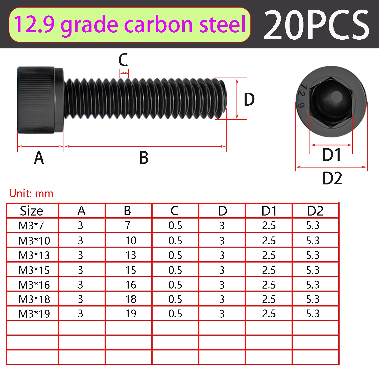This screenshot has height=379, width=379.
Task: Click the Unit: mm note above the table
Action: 31,194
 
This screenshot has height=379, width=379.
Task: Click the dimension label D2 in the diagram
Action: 332,178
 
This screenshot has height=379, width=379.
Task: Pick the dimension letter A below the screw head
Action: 39,158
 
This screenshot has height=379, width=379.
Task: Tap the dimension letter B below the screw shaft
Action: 144,158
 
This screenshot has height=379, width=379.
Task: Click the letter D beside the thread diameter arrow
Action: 249,99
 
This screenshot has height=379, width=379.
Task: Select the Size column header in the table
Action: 32,211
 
